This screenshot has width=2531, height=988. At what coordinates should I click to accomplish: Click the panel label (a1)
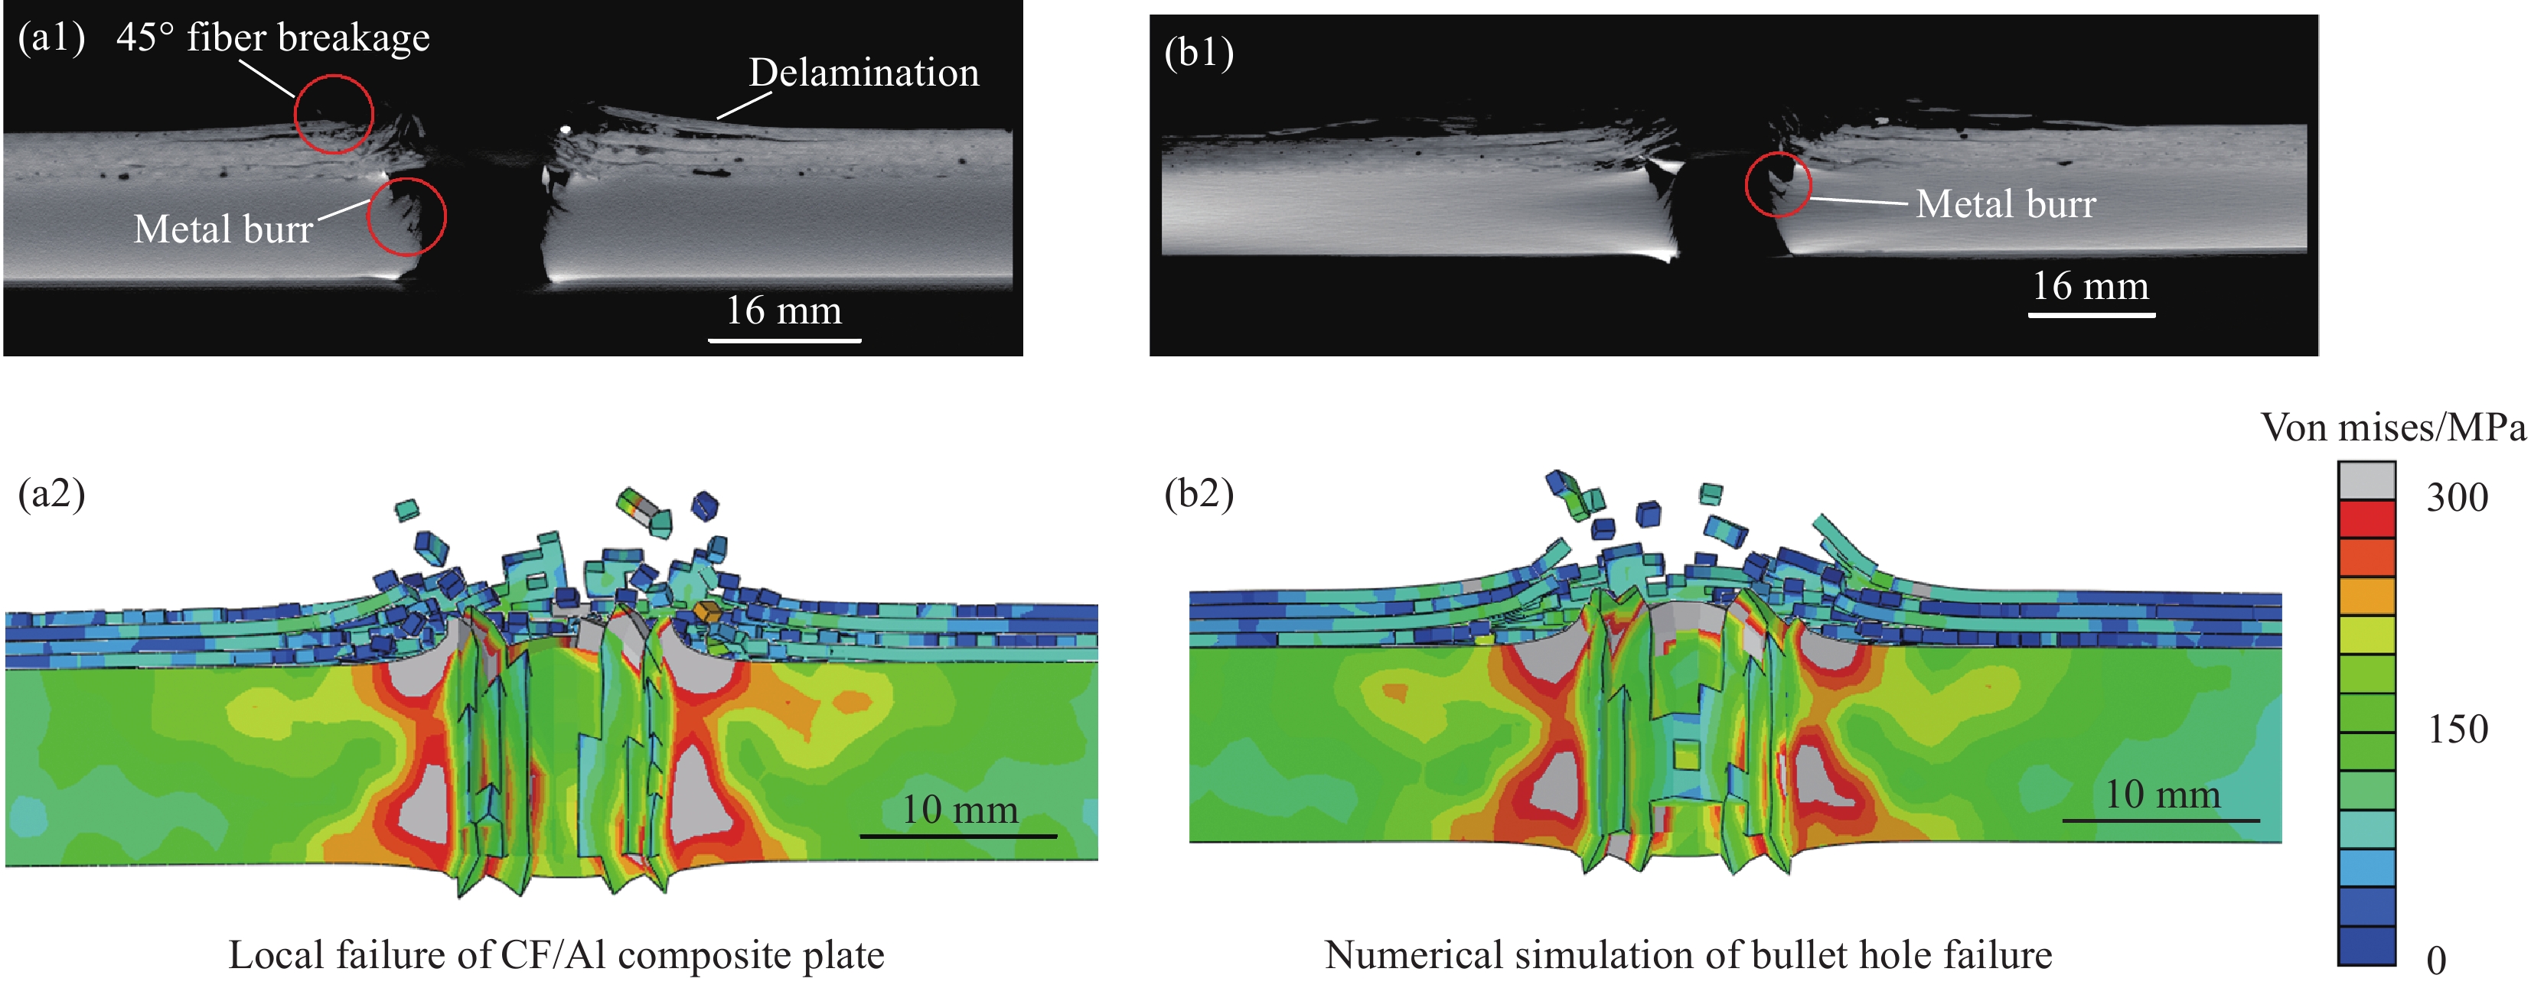[51, 37]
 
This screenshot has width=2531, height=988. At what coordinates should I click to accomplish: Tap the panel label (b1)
[1199, 52]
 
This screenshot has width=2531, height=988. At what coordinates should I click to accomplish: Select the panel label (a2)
[51, 493]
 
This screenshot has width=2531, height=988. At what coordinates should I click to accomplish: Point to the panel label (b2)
[1199, 493]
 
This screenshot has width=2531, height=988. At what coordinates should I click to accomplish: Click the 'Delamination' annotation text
[863, 73]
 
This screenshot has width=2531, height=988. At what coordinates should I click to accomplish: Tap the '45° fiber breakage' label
[273, 37]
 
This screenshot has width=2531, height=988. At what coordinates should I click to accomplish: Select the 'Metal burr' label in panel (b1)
[2005, 204]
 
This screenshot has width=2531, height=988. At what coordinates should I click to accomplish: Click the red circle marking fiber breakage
[334, 114]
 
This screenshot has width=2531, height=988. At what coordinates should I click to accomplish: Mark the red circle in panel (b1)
[1779, 184]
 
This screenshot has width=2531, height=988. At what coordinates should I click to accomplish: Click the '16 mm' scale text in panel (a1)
[783, 310]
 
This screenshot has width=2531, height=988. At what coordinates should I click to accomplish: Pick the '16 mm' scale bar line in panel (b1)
[2092, 315]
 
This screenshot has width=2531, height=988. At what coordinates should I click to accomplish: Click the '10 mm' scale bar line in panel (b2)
[2161, 820]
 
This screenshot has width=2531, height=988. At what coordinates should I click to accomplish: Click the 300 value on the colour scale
[2458, 498]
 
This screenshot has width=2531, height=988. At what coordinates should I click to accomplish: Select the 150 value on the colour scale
[2458, 729]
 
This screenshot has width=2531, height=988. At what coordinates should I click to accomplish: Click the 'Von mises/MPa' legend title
[2392, 427]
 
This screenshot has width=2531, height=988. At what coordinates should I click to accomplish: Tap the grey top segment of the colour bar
[2366, 480]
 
